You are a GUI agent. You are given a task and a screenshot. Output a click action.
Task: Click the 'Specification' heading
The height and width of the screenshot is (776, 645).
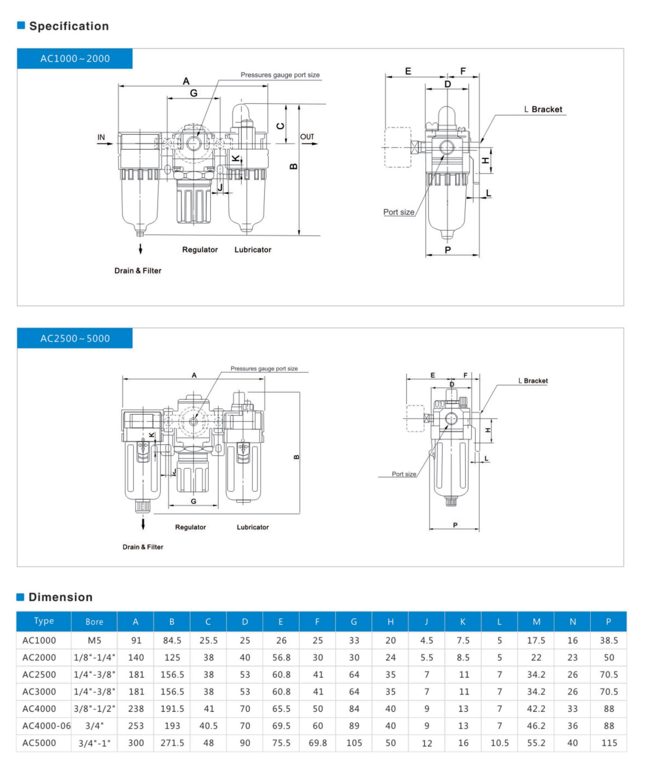[x=69, y=26]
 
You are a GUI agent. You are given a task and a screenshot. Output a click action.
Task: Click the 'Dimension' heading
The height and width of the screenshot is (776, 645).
[x=60, y=597]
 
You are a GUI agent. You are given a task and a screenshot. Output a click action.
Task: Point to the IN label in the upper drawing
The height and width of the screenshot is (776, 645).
[x=101, y=137]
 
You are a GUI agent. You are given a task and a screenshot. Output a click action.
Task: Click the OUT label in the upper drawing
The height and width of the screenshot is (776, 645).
[x=307, y=137]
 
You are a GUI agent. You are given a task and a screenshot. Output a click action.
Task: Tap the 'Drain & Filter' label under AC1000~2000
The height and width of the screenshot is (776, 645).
[x=138, y=271]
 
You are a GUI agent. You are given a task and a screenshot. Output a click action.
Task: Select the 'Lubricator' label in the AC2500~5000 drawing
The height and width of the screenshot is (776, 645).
[x=253, y=527]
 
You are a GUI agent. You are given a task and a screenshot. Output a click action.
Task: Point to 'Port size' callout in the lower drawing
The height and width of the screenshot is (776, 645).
[x=404, y=474]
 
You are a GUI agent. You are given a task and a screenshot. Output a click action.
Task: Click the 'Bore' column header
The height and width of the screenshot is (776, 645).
[x=94, y=622]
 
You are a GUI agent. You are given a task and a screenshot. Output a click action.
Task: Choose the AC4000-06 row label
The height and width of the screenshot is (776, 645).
[x=46, y=726]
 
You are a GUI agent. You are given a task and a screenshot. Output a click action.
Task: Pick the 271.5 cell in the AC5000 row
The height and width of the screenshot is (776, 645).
[x=172, y=743]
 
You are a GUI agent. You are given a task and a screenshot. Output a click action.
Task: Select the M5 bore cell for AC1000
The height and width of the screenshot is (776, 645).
[x=94, y=640]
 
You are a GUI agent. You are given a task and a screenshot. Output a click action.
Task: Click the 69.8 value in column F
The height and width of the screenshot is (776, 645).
[x=318, y=743]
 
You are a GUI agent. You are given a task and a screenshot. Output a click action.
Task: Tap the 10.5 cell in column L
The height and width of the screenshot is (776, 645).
[x=500, y=743]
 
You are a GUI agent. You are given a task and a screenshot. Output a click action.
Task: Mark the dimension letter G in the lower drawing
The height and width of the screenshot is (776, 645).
[x=193, y=501]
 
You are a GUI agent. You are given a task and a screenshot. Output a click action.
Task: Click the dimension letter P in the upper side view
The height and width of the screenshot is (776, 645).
[x=448, y=250]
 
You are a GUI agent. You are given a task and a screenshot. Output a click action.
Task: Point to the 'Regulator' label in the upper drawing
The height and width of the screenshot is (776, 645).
[x=200, y=250]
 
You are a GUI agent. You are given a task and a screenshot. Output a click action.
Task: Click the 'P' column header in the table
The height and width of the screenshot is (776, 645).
[x=609, y=622]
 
